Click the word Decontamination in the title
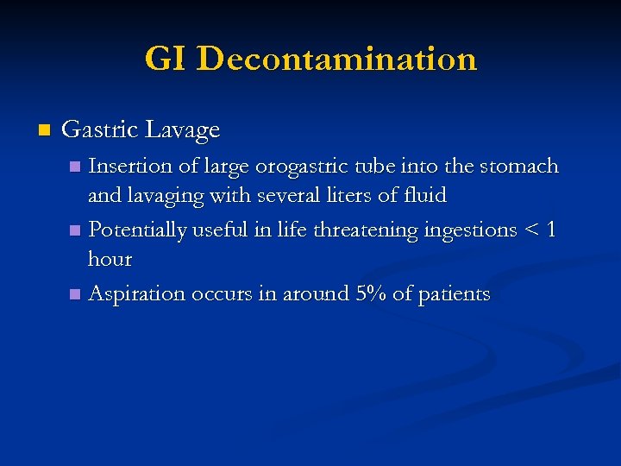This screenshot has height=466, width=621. pyautogui.click(x=336, y=60)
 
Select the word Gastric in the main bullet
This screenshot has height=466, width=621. pyautogui.click(x=99, y=130)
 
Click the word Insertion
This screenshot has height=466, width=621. pyautogui.click(x=131, y=166)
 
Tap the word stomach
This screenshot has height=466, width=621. pyautogui.click(x=522, y=166)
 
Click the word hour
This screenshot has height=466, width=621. pyautogui.click(x=110, y=259)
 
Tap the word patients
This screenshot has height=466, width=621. pyautogui.click(x=454, y=294)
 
